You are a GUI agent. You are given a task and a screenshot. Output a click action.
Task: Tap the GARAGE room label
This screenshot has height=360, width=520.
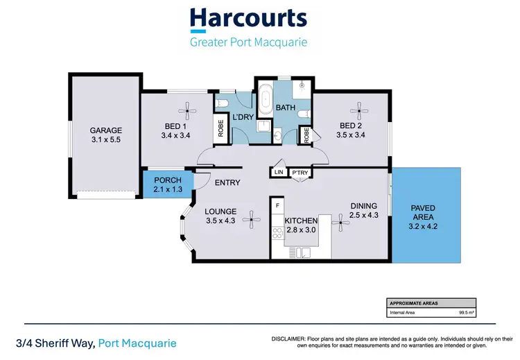pos(106,130)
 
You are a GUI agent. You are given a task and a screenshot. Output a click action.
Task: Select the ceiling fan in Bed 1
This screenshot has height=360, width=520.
pos(187,108)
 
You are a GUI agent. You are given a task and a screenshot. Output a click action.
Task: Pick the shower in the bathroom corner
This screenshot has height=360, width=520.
pos(300,89)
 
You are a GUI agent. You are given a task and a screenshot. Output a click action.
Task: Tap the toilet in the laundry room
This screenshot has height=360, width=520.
pos(223,104)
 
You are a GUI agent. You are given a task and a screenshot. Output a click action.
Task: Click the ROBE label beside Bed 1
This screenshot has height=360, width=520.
pos(220,130)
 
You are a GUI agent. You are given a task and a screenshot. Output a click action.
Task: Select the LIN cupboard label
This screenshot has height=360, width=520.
pos(279,172)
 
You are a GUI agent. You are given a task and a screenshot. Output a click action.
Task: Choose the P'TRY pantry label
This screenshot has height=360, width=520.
pos(300,172)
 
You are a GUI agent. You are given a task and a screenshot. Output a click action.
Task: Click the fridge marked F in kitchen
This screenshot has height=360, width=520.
pos(277,206)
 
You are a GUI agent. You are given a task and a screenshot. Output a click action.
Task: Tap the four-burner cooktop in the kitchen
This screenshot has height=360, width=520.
pos(277,233)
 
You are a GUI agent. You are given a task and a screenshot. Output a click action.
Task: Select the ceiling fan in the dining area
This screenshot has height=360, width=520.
pos(340,223)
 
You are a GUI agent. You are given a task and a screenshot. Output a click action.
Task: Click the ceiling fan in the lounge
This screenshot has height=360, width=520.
pos(255,221)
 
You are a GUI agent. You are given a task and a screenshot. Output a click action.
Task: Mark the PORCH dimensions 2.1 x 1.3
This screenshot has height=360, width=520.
pos(167,189)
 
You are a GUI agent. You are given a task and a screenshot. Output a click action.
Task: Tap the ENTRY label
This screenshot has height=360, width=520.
pos(227,183)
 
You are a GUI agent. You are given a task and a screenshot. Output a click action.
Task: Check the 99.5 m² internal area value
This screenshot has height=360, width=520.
pos(466,313)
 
